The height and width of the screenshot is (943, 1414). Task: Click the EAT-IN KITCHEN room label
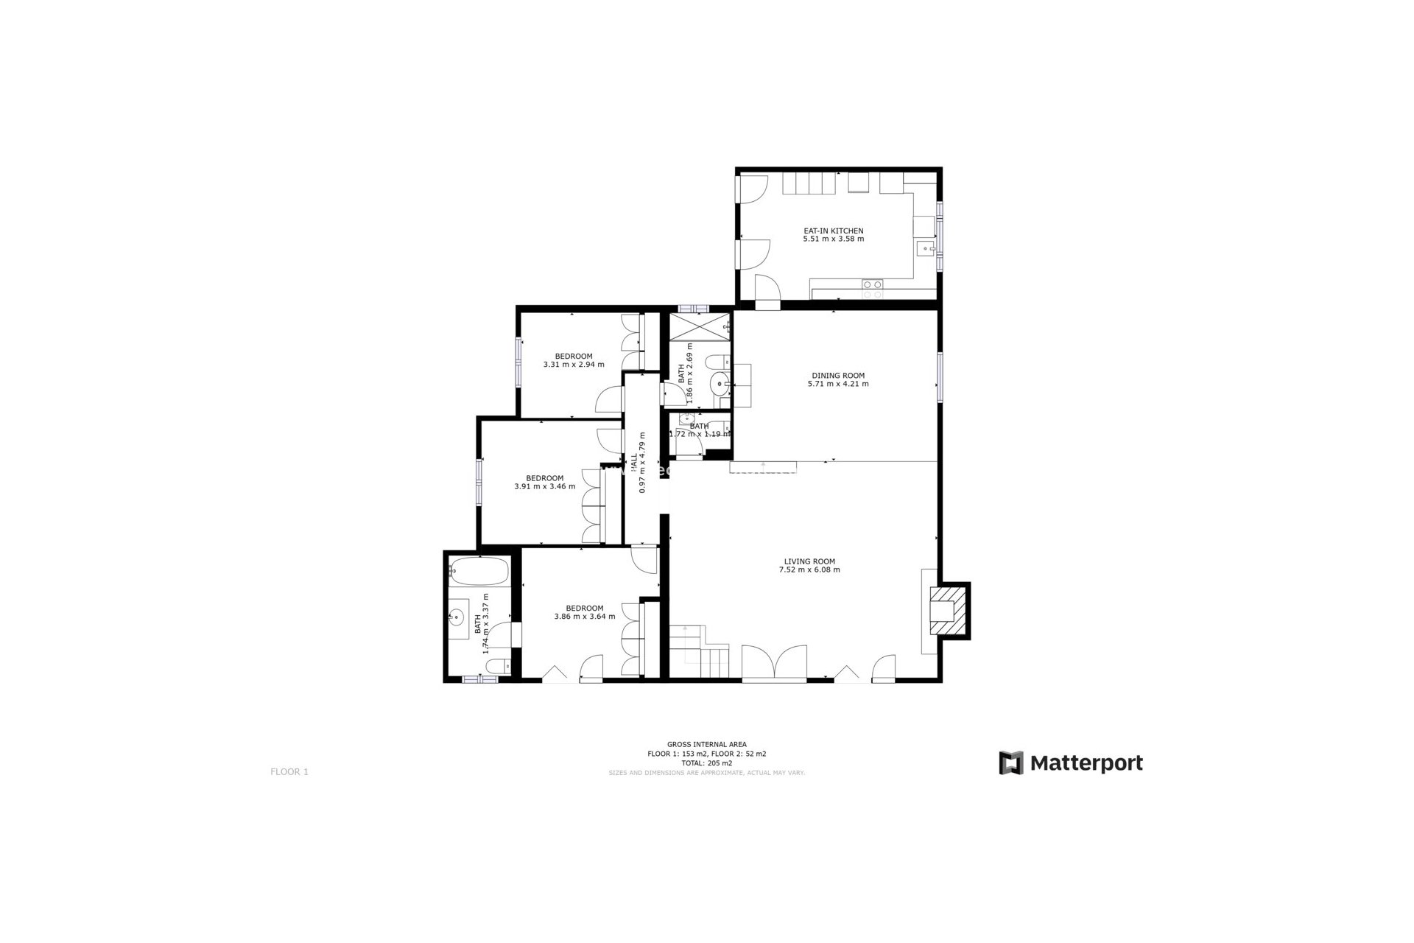(833, 231)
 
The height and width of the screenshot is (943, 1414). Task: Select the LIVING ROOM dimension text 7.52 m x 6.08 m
(809, 569)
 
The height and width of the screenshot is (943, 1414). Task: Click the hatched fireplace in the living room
(947, 609)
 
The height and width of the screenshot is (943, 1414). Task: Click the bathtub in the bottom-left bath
(479, 572)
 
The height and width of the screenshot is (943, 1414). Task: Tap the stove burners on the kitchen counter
(873, 289)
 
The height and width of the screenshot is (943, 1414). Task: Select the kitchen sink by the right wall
(924, 249)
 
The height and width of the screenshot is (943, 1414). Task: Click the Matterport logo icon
(1010, 763)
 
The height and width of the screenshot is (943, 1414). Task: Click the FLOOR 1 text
(289, 772)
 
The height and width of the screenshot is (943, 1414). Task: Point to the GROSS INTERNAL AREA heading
(706, 745)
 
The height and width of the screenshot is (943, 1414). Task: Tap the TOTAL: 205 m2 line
(706, 763)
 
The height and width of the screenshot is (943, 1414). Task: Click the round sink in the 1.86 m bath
(718, 385)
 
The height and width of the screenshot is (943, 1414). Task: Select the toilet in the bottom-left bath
(498, 667)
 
